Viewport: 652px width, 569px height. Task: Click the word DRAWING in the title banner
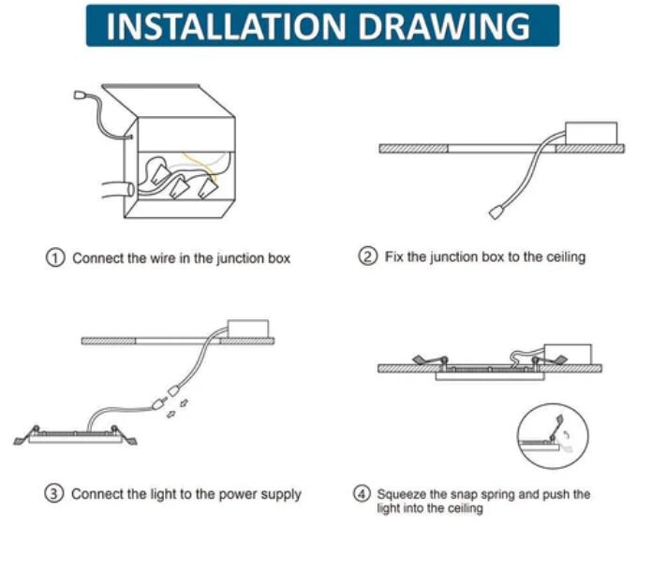point(444,26)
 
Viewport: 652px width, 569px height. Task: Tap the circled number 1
point(55,258)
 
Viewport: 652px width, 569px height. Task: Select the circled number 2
point(368,256)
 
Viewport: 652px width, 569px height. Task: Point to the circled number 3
point(54,494)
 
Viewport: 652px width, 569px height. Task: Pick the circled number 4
point(362,494)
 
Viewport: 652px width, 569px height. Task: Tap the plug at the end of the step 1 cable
point(80,95)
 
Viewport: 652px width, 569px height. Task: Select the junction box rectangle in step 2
point(591,133)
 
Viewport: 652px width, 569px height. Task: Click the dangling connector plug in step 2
point(496,212)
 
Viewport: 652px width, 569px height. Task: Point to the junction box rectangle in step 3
point(248,328)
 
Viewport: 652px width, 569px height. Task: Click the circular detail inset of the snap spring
point(553,436)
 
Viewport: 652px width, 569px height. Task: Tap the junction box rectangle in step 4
point(568,355)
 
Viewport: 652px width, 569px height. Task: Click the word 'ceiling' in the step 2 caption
point(566,256)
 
